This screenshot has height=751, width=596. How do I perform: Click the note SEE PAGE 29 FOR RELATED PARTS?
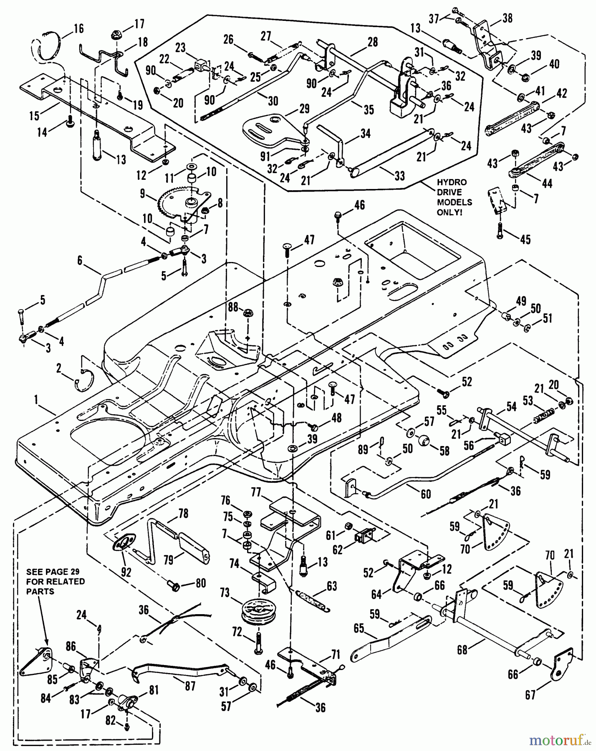click(x=55, y=581)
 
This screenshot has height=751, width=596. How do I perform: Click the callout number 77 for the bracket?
click(x=256, y=493)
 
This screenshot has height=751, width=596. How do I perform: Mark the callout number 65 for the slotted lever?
click(x=359, y=628)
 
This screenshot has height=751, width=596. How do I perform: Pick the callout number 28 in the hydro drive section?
click(x=372, y=42)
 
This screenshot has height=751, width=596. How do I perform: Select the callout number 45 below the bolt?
click(x=525, y=239)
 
